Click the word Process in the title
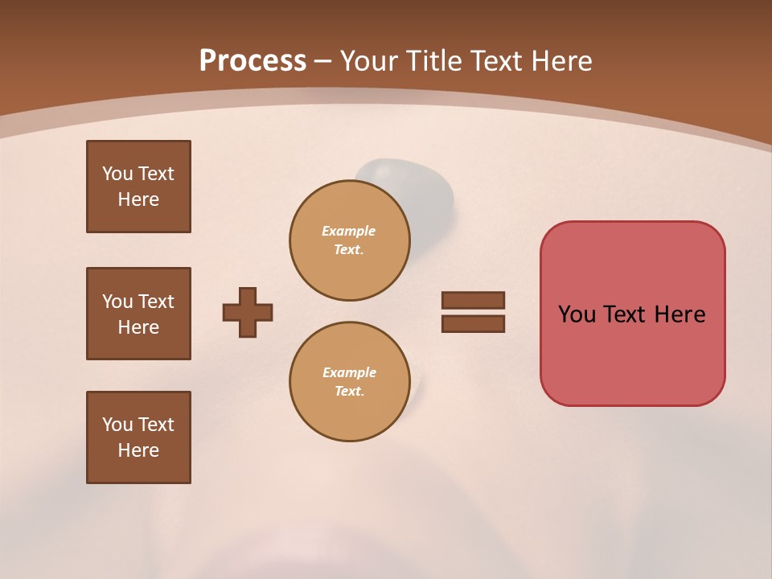[253, 61]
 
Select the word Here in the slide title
[560, 61]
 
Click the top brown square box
[138, 187]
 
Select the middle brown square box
[138, 314]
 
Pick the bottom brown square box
[138, 437]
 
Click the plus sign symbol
[248, 312]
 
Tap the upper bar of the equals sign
[473, 300]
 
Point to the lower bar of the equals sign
[473, 324]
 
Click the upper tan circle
[350, 240]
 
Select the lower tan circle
[350, 382]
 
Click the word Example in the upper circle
[349, 231]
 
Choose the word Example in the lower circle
[349, 372]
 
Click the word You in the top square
[117, 174]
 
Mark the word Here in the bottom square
[138, 450]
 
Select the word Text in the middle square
[156, 302]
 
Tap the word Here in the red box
[680, 314]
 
